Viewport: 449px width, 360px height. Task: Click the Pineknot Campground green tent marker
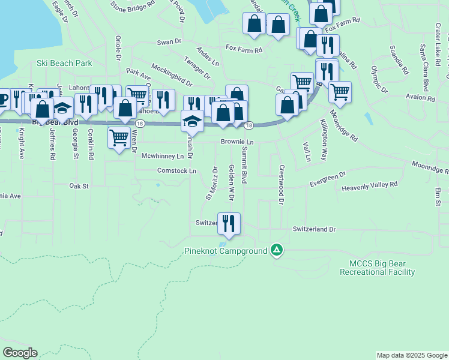tap(276, 250)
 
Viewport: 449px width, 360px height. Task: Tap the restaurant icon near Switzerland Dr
tap(229, 223)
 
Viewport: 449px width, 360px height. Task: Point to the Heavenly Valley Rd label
tap(370, 187)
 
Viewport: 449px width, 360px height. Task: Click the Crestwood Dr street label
tap(280, 185)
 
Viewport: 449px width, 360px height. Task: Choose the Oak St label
tap(79, 186)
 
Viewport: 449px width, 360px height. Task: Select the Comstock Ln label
tap(176, 171)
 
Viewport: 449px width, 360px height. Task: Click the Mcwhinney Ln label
tap(162, 156)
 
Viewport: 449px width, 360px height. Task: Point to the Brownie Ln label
tap(238, 142)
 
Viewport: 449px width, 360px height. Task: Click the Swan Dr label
tap(169, 42)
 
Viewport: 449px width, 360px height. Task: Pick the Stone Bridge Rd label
tap(132, 5)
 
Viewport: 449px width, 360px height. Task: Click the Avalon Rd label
tap(420, 97)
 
